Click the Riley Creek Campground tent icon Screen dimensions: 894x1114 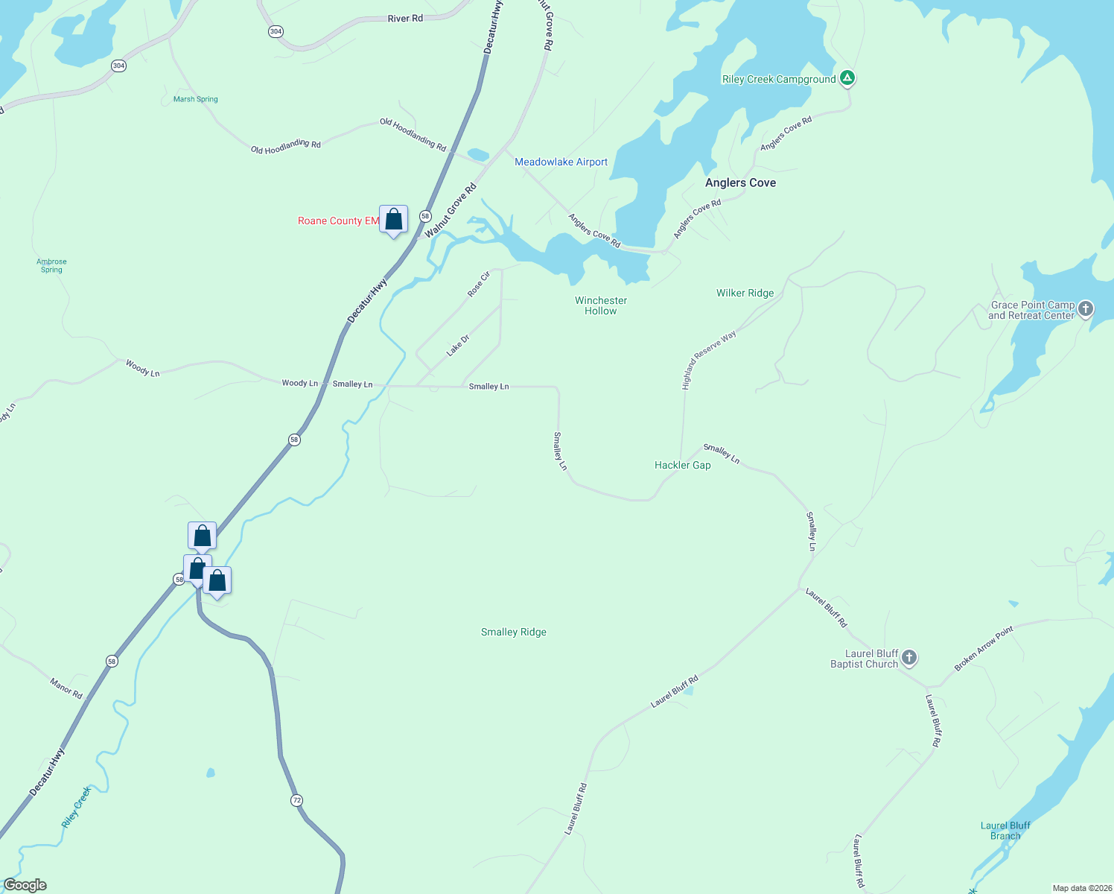point(847,77)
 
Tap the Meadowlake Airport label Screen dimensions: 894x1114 point(561,162)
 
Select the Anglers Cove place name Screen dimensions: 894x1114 point(740,183)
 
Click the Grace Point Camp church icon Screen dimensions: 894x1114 point(1086,308)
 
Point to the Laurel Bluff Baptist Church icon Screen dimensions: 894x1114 point(908,657)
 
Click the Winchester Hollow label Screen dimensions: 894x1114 point(601,305)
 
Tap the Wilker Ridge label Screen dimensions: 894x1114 point(745,293)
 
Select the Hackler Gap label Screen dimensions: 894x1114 point(682,465)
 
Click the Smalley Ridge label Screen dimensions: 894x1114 point(514,632)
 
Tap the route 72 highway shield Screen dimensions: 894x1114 point(297,800)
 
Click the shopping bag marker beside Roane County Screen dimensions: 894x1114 point(393,220)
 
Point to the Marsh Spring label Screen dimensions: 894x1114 point(196,99)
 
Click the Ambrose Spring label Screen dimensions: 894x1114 point(51,265)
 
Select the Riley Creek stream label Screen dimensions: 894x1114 point(76,807)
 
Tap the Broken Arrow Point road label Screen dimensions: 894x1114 point(984,649)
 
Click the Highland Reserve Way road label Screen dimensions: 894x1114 point(709,360)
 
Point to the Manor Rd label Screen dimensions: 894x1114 point(66,688)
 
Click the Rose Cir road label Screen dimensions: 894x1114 point(479,285)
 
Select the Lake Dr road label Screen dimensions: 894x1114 point(458,345)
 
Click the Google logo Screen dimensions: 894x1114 point(25,885)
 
